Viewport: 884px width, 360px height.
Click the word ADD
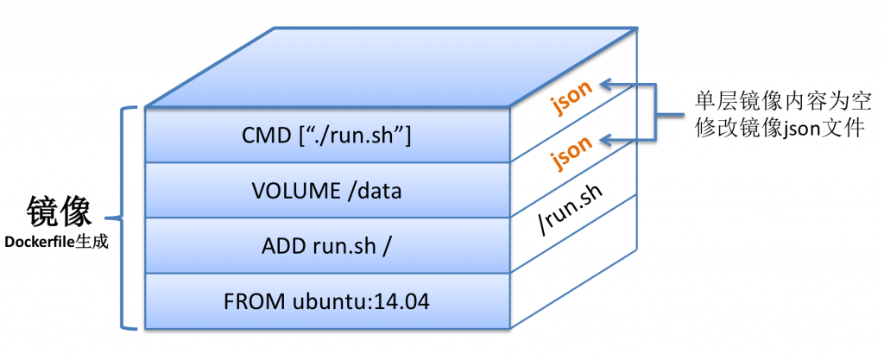click(x=282, y=246)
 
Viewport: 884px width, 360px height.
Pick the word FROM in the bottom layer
click(x=256, y=301)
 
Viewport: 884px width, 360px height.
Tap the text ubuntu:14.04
click(x=362, y=301)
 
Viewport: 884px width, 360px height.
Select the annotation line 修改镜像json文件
click(x=780, y=129)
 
